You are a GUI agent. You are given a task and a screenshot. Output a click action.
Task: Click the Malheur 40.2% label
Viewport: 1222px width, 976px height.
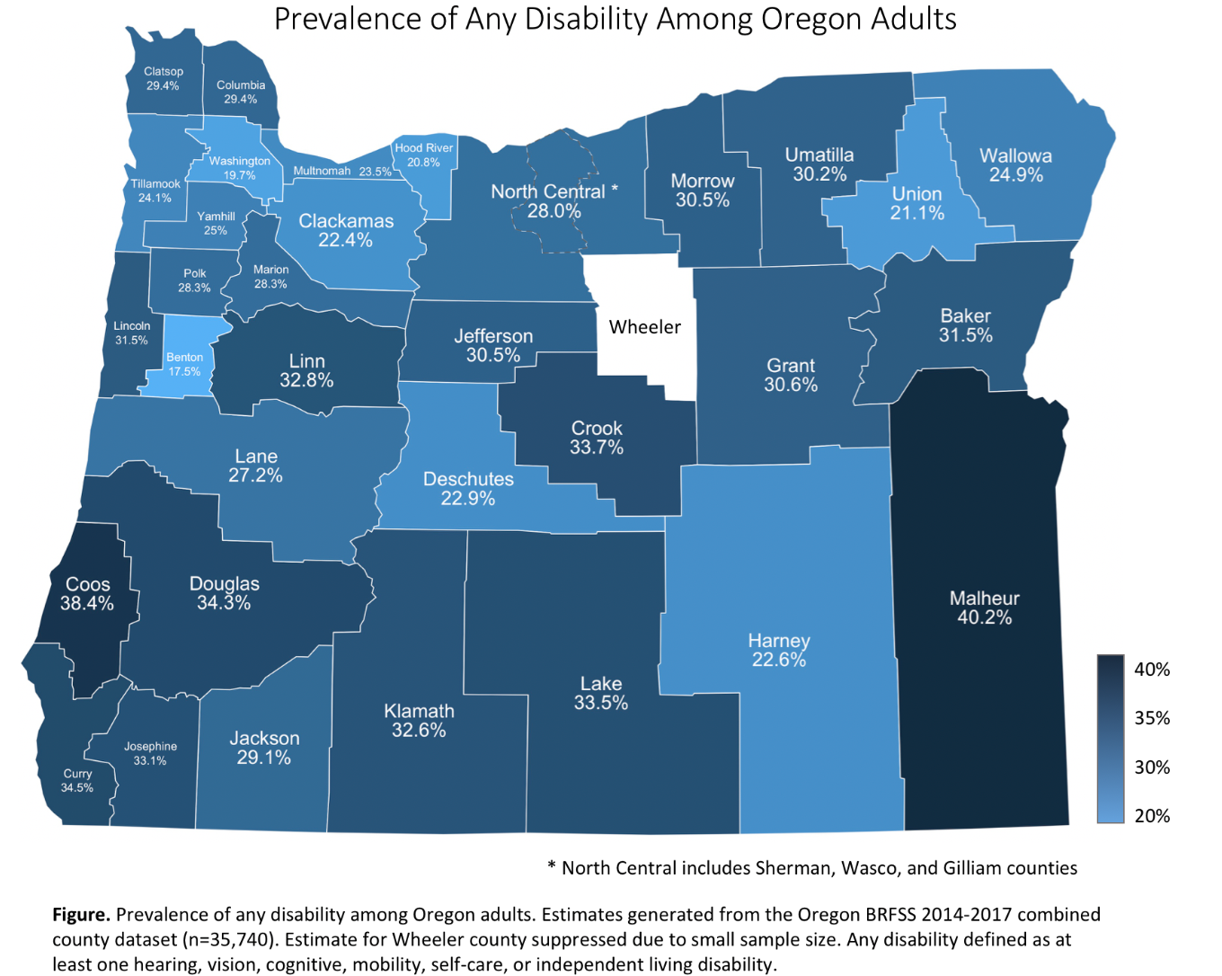click(984, 608)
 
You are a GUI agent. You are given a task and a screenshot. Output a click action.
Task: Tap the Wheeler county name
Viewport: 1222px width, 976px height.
click(644, 327)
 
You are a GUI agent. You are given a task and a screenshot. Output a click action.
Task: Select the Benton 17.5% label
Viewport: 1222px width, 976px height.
click(184, 364)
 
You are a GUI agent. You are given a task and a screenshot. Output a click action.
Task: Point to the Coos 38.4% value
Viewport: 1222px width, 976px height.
click(87, 604)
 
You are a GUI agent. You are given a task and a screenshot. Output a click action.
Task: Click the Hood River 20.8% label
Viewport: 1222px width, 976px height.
click(424, 155)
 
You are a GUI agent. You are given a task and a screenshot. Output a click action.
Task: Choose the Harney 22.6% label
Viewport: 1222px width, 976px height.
click(779, 650)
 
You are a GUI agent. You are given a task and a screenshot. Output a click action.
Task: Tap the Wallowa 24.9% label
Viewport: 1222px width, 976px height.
click(1015, 165)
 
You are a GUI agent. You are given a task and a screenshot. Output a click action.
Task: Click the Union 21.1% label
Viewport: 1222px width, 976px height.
click(916, 203)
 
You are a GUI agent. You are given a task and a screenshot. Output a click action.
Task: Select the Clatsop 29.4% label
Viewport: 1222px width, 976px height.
click(164, 79)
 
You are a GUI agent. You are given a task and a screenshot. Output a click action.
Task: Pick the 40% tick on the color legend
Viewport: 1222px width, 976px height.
click(1152, 670)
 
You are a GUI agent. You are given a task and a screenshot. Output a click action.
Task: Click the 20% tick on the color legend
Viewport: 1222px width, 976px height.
click(1152, 816)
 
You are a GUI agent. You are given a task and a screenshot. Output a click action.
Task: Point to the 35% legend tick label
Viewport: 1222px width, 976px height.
click(1152, 718)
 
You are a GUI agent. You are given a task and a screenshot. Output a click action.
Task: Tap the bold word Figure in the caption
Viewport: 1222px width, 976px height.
click(81, 915)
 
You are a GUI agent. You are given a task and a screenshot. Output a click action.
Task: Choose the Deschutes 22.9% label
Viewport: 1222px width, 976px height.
click(468, 489)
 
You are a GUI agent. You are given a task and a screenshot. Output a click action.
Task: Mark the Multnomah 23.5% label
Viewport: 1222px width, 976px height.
click(342, 171)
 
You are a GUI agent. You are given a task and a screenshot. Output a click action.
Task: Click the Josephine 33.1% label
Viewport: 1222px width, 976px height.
click(150, 753)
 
